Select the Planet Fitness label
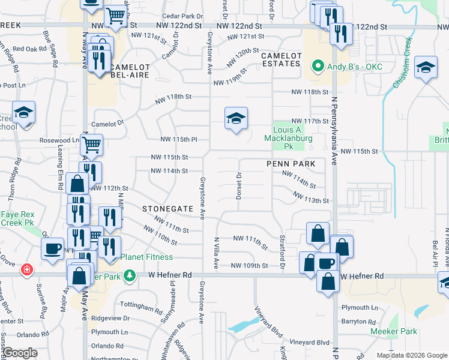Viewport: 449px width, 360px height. [146, 257]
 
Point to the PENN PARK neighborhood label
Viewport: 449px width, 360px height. [291, 163]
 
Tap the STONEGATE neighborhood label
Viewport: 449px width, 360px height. [167, 209]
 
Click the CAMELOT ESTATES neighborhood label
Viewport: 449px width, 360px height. [280, 59]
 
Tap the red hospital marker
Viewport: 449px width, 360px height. [26, 270]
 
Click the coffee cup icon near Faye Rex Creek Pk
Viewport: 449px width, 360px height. [52, 248]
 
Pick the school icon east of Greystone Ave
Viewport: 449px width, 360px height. [236, 118]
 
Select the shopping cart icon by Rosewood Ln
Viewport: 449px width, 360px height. [91, 144]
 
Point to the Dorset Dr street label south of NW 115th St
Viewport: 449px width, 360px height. [239, 185]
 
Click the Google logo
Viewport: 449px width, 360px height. [19, 353]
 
